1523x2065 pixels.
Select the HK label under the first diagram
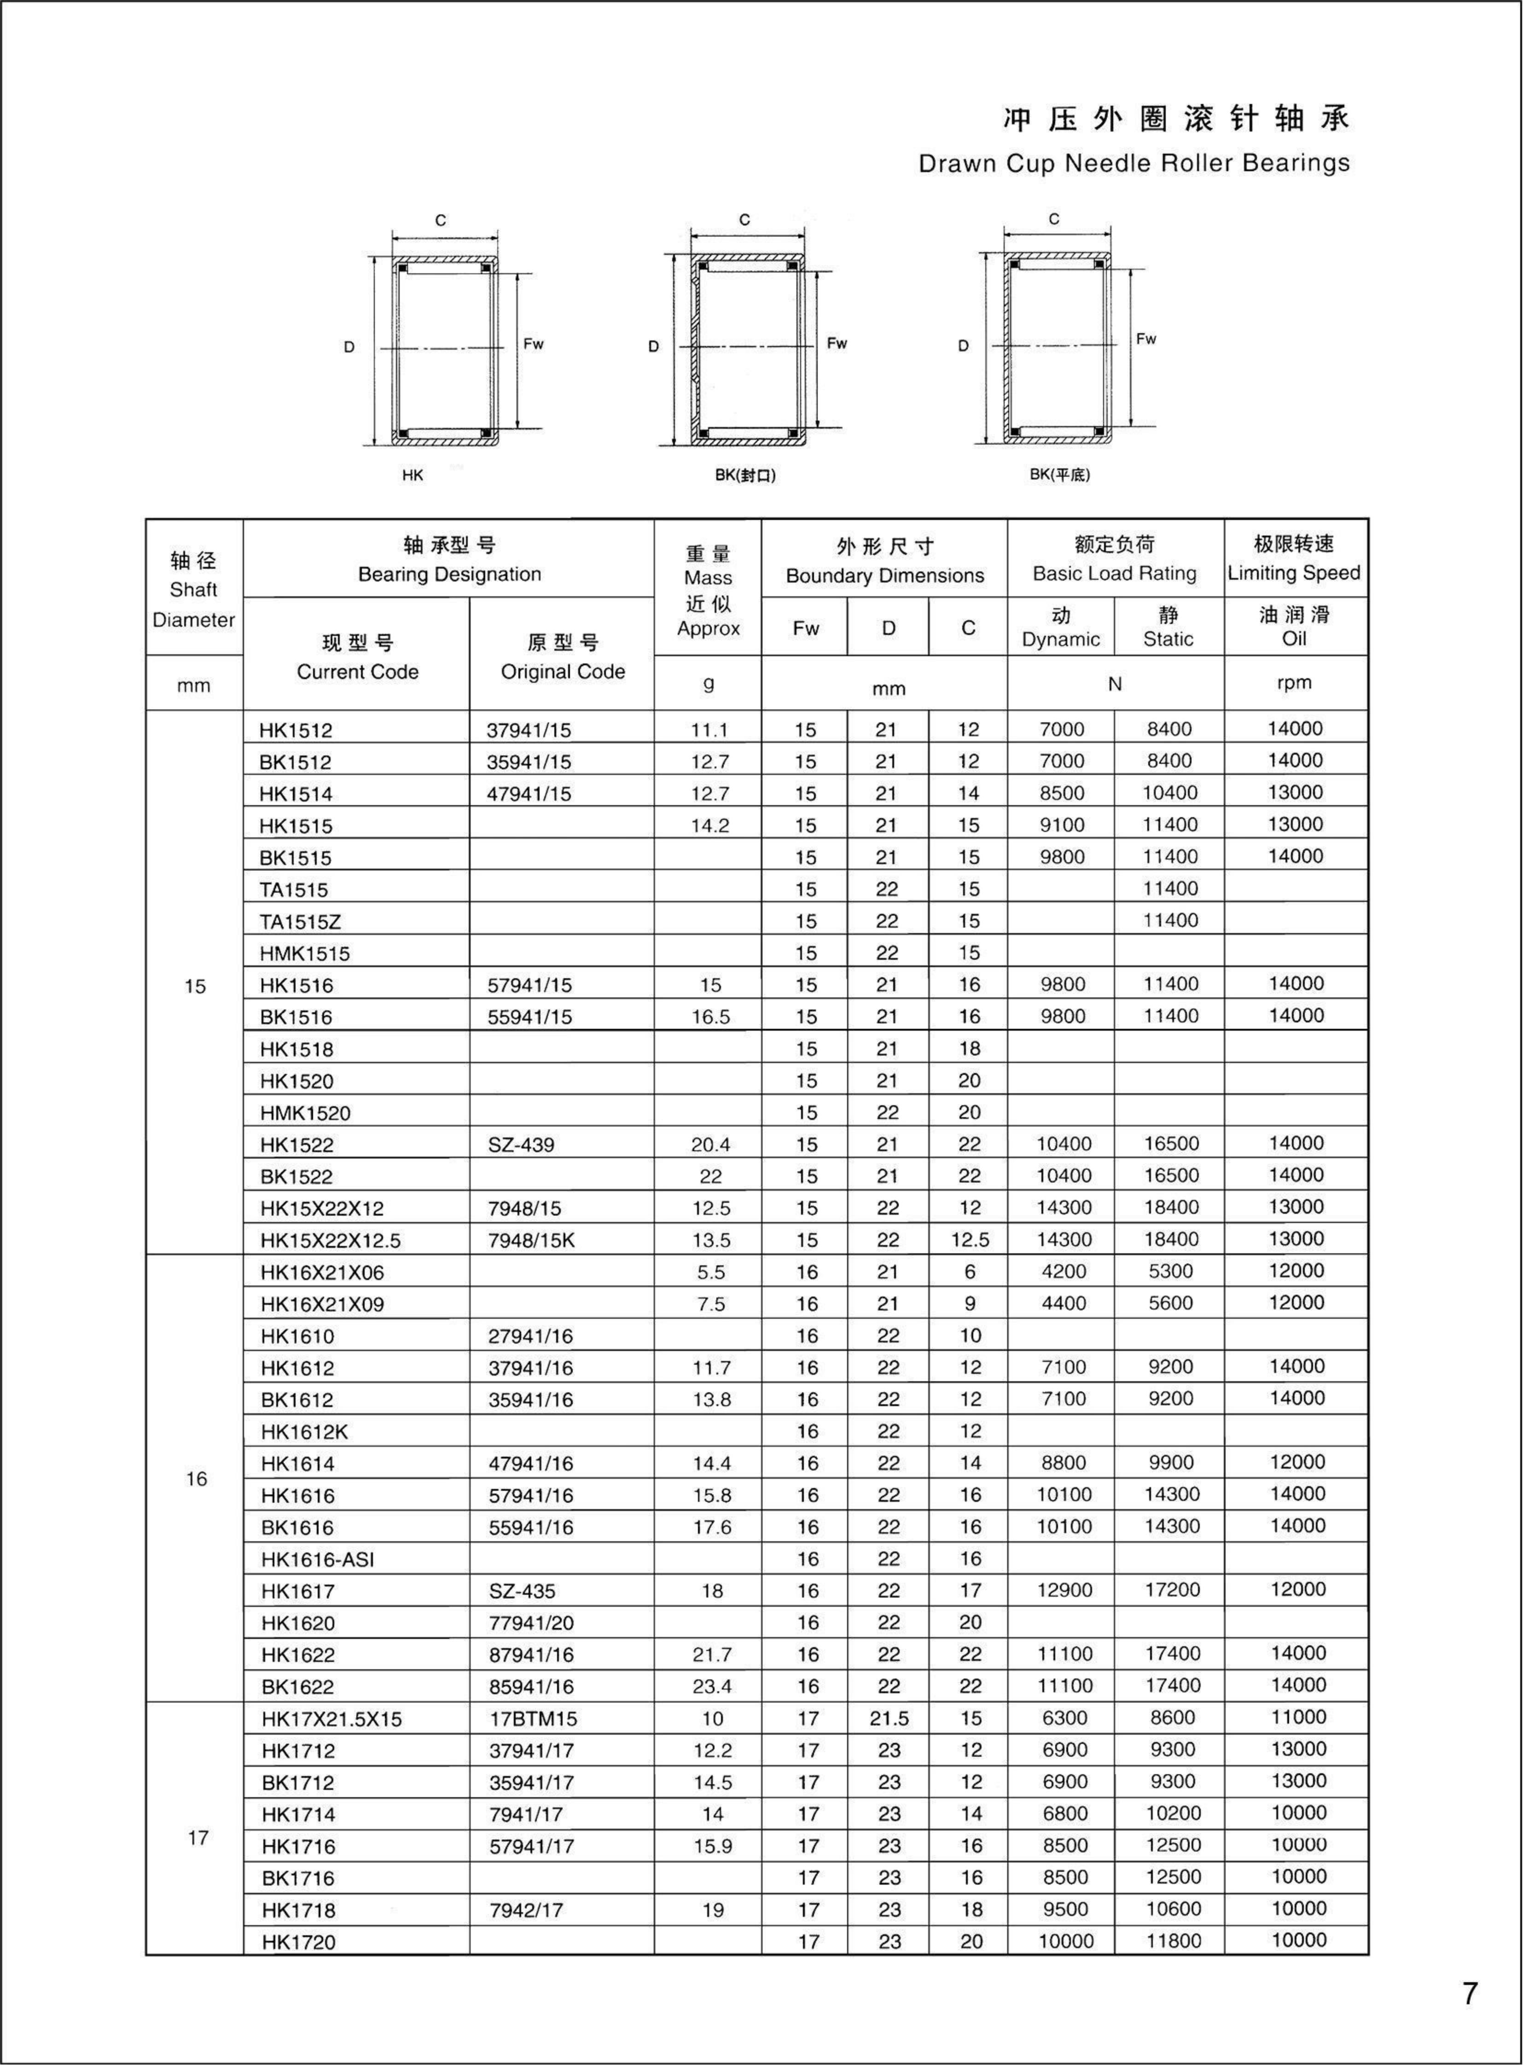point(412,475)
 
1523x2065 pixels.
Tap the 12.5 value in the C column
point(970,1240)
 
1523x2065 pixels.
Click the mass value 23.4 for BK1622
point(712,1686)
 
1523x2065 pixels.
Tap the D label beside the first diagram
point(349,347)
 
